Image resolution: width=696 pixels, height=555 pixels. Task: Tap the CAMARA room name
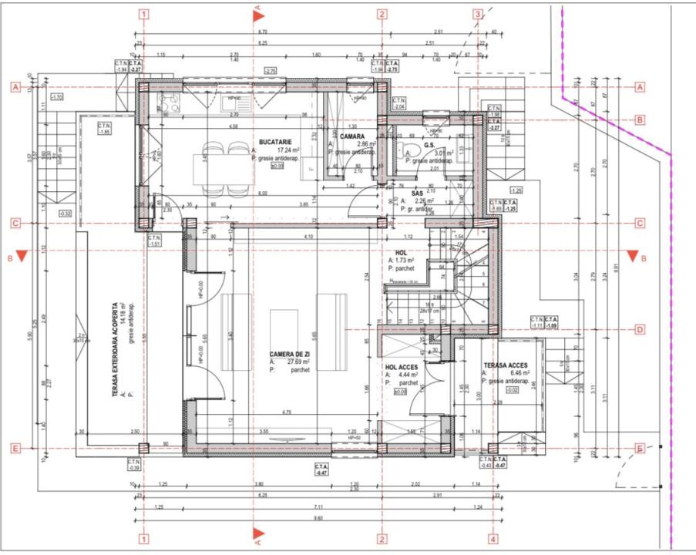point(352,136)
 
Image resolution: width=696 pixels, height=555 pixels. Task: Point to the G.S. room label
point(429,143)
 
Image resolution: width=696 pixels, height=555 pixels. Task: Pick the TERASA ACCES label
point(506,366)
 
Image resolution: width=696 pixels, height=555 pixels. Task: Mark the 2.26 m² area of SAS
point(421,201)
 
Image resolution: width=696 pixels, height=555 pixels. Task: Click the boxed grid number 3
point(478,14)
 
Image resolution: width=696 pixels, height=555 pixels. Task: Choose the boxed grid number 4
point(493,539)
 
